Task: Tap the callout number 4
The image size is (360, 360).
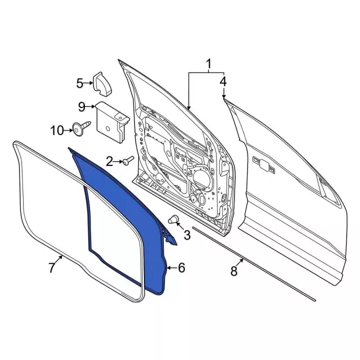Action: pos(223,82)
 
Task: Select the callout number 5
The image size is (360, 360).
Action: pos(80,84)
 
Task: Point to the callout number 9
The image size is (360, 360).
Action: pos(81,106)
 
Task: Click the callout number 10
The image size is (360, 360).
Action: pos(57,130)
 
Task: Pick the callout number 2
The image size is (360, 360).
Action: pos(110,162)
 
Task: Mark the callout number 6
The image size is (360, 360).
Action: pos(181,268)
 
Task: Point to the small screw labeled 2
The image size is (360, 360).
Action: pos(127,161)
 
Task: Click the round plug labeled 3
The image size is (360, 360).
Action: pos(173,219)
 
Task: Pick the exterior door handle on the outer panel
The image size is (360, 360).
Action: pos(263,164)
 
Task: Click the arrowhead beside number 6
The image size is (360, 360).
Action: pos(168,268)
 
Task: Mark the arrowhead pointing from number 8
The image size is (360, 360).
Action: pos(242,260)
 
